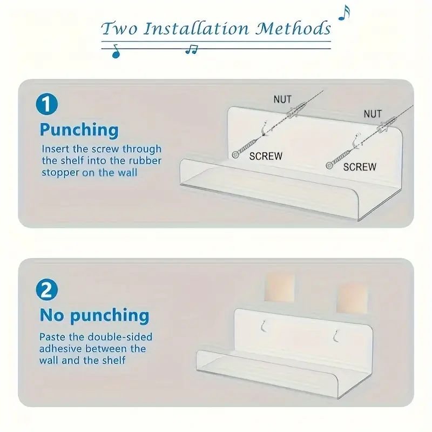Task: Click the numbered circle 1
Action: click(x=47, y=104)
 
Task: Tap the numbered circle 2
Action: click(x=47, y=290)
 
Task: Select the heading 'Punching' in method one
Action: click(x=79, y=130)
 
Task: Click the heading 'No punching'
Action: click(x=94, y=315)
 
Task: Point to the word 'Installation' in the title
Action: click(x=196, y=29)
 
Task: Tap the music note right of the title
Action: click(x=344, y=12)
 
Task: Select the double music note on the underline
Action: click(x=192, y=50)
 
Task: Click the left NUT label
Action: click(x=282, y=99)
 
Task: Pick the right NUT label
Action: click(x=373, y=114)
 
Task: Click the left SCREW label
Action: click(x=266, y=156)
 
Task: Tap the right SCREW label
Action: click(x=360, y=167)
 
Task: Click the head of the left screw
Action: click(x=235, y=155)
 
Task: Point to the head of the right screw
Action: click(x=329, y=166)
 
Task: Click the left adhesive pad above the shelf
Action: click(x=279, y=287)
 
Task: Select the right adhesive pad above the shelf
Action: click(x=352, y=299)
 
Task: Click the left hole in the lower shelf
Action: click(x=264, y=326)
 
